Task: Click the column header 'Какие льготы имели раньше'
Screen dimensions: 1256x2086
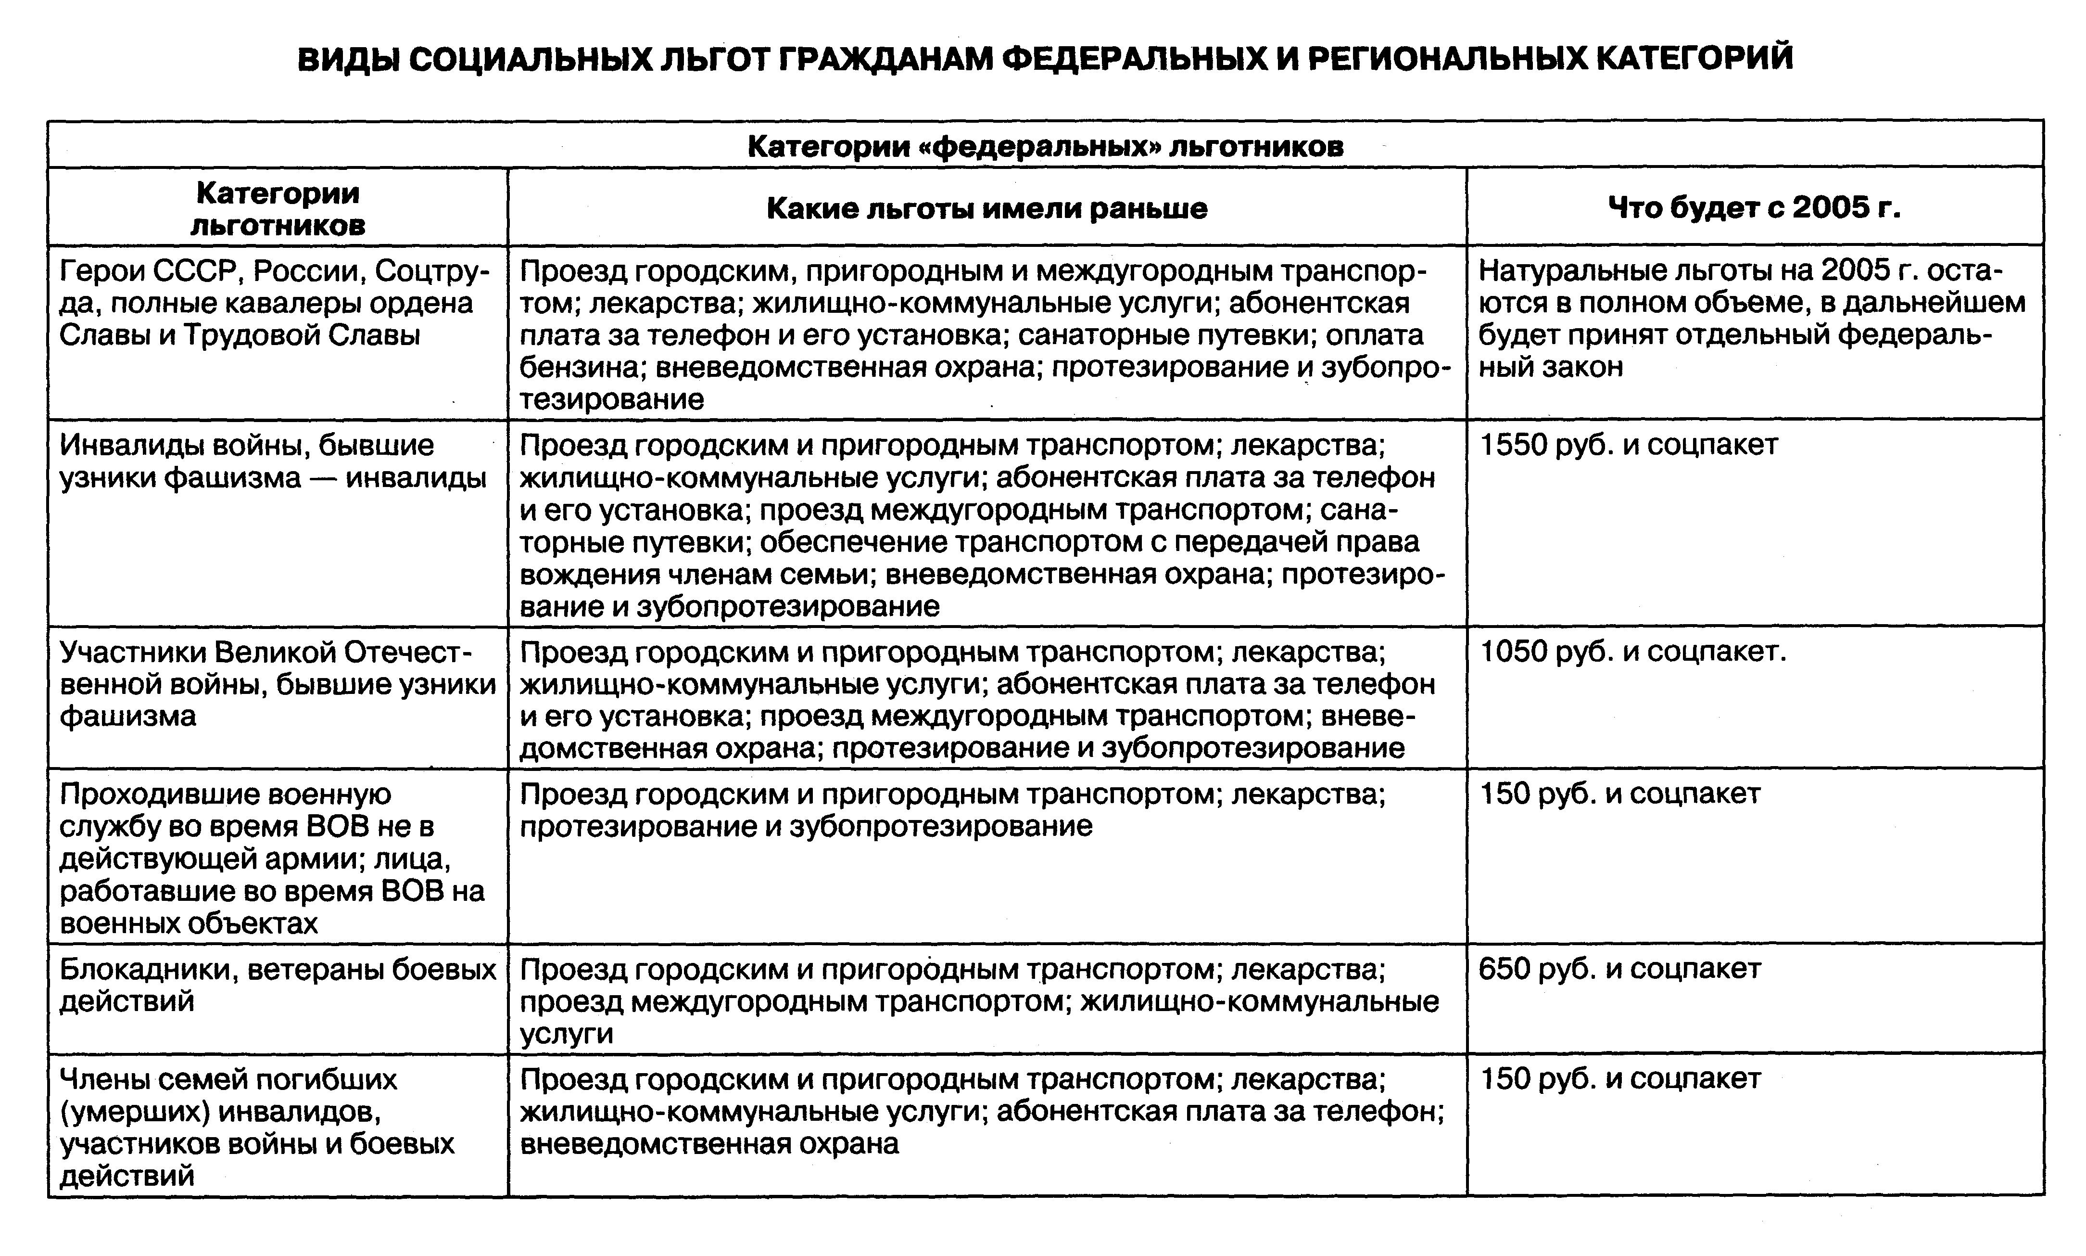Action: point(986,208)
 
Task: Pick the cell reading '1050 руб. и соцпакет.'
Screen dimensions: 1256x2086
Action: point(1632,652)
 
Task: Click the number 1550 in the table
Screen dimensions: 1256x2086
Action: point(1513,445)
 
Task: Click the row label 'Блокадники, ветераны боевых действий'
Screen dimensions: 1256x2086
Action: point(278,985)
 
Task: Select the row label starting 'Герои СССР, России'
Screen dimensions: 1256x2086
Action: point(276,303)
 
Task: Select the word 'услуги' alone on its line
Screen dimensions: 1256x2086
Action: point(566,1033)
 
